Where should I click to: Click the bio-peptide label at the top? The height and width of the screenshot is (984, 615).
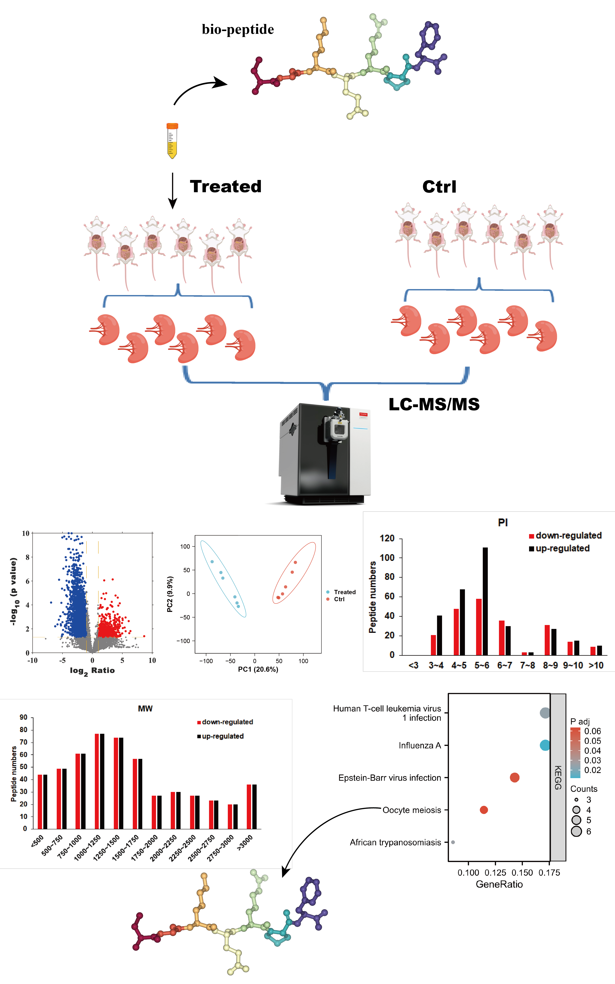(238, 29)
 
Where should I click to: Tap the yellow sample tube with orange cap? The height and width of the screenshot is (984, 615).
(172, 140)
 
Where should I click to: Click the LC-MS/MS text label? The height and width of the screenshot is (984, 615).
(434, 404)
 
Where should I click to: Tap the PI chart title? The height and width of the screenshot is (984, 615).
(503, 523)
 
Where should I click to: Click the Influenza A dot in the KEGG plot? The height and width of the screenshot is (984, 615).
(545, 745)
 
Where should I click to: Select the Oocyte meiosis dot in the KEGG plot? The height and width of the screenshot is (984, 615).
(484, 810)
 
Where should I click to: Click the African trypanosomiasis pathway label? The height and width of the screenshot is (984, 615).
(395, 842)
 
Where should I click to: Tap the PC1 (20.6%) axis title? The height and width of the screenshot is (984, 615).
(258, 669)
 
